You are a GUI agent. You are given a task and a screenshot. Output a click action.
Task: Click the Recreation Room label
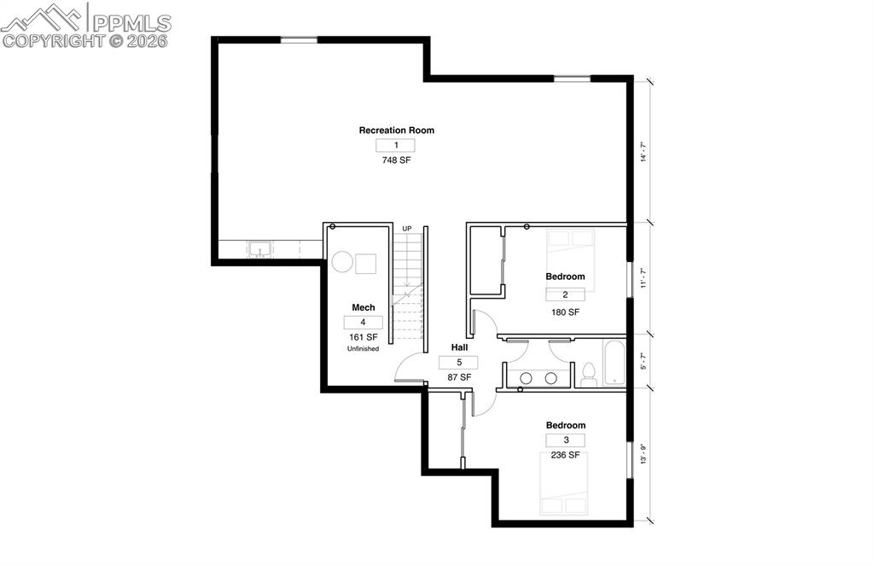(396, 131)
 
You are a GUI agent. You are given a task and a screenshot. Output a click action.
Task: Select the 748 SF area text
(396, 160)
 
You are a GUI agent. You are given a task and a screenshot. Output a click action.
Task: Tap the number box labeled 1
(396, 146)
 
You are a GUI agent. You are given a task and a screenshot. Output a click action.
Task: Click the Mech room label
(364, 307)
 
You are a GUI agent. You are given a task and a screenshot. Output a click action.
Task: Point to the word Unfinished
(363, 349)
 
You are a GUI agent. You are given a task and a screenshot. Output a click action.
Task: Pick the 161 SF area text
(363, 337)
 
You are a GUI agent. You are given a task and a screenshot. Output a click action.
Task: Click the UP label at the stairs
(407, 229)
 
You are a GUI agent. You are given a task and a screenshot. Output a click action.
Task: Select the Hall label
(459, 348)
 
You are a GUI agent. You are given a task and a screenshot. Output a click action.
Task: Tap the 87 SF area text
(459, 376)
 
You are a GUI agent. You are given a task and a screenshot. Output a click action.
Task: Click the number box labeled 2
(565, 294)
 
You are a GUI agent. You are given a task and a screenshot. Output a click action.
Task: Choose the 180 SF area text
(565, 312)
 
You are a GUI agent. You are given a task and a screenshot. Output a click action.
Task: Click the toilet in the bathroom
(588, 374)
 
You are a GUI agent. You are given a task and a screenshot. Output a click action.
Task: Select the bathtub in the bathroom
(614, 363)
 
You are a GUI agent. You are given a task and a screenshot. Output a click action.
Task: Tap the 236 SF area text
(565, 456)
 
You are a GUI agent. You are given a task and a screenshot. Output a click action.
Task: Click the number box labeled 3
(565, 440)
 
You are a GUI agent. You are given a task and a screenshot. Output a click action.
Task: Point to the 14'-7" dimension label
(644, 151)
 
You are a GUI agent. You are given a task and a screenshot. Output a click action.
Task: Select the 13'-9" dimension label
(644, 453)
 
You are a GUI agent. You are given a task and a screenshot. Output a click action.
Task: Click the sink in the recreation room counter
(259, 249)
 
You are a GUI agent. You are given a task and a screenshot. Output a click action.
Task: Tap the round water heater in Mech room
(341, 262)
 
